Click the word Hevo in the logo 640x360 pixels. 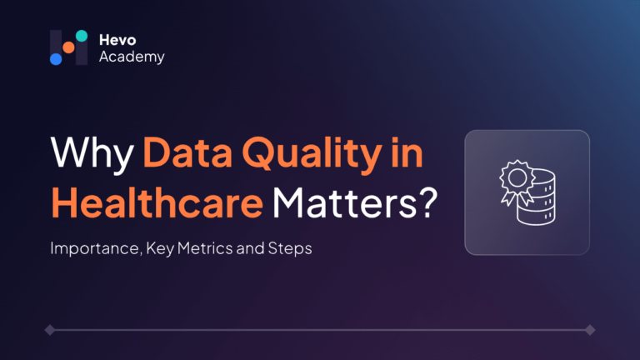coord(117,40)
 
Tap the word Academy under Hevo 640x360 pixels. coord(132,57)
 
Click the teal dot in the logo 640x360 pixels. coord(82,36)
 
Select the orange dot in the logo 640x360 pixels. coord(68,47)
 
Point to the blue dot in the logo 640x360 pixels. coord(56,59)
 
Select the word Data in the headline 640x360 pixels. coord(187,152)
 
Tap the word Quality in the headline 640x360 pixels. coord(312,155)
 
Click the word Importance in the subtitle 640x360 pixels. coord(96,248)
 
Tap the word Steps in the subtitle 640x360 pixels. coord(290,248)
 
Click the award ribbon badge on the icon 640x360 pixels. coord(517,182)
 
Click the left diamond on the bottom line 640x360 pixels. coord(50,330)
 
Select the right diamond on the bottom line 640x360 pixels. coord(590,330)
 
